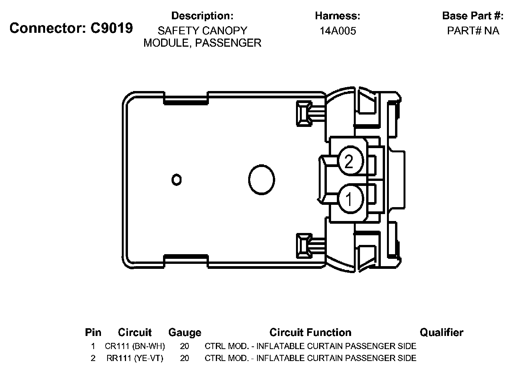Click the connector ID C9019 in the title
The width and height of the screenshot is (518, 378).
tap(112, 28)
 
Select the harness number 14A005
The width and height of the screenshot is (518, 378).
tap(338, 31)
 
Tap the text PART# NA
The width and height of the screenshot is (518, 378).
tap(473, 31)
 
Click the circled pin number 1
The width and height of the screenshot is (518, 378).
tap(349, 199)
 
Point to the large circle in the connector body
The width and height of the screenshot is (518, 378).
tap(261, 179)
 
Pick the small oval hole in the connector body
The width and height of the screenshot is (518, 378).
tap(177, 179)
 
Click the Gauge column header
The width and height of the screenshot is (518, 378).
tap(185, 332)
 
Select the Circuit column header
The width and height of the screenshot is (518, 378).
tap(135, 332)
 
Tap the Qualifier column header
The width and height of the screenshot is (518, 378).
tap(441, 332)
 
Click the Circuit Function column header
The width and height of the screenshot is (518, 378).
tap(310, 332)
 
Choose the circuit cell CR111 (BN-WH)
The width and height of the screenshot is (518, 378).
tap(135, 346)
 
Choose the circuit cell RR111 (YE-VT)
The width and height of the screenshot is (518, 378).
tap(135, 358)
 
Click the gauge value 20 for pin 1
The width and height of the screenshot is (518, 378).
tap(185, 346)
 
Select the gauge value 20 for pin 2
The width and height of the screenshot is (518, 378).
tap(185, 358)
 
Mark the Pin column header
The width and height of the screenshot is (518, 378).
tap(93, 332)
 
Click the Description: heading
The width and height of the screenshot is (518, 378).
tap(202, 16)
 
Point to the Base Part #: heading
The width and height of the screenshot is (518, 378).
tap(473, 16)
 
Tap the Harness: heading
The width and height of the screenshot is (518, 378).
tap(337, 16)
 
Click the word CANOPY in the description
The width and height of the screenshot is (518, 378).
tap(225, 31)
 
